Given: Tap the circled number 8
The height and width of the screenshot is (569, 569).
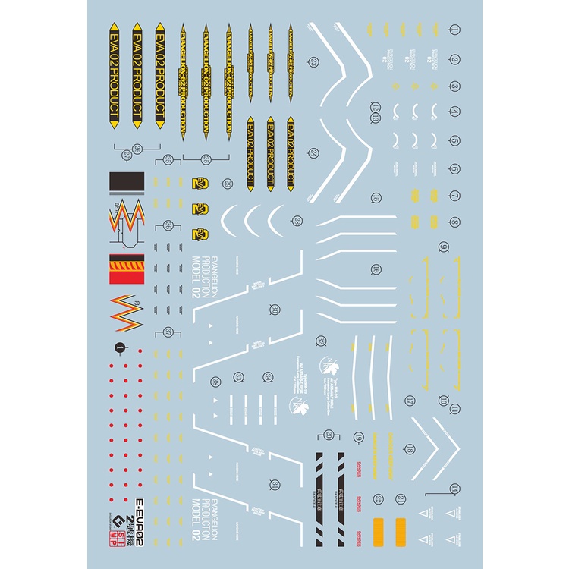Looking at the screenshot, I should (x=454, y=222).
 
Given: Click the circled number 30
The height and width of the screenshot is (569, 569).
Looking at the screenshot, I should (x=274, y=309).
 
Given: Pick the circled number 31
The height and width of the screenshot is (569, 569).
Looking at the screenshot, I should (x=275, y=486).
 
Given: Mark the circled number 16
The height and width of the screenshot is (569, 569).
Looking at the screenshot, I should (x=376, y=269).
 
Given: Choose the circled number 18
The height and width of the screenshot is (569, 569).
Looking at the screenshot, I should (x=410, y=450).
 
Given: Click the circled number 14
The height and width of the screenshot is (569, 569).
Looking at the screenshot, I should (x=454, y=489).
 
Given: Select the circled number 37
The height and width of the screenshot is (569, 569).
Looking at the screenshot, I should (x=168, y=331).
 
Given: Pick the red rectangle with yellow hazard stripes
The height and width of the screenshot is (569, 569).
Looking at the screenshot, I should (x=127, y=267).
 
